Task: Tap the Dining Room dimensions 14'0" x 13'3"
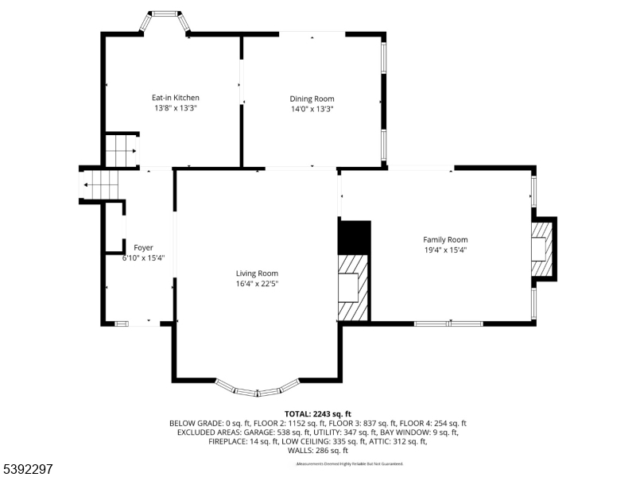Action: tap(312, 109)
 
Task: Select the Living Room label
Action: tap(257, 273)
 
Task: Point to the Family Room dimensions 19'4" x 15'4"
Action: tap(445, 250)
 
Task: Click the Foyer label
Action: tap(143, 248)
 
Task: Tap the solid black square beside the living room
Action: tap(355, 237)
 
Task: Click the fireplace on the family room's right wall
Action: tap(542, 249)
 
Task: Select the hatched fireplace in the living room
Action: tap(354, 287)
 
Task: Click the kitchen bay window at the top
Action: tap(165, 18)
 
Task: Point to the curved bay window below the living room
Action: tap(257, 390)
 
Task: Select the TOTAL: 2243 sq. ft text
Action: tap(318, 414)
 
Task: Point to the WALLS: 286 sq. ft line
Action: tap(318, 450)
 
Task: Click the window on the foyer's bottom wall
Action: tap(122, 324)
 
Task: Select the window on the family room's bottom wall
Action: tap(448, 324)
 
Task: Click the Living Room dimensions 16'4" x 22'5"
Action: tap(257, 284)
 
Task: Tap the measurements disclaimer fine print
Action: tap(350, 463)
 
